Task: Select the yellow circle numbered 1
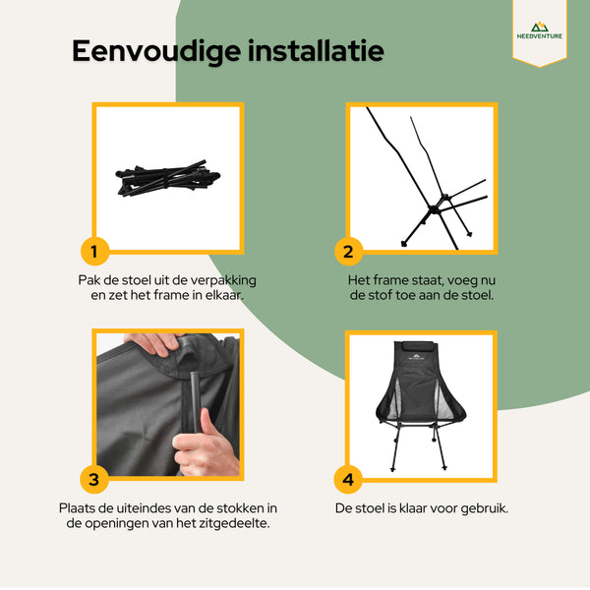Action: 93,252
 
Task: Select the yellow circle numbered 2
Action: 347,252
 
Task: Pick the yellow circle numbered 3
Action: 93,480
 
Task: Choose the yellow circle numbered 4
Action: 347,480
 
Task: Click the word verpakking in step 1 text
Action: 224,280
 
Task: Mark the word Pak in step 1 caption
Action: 90,280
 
